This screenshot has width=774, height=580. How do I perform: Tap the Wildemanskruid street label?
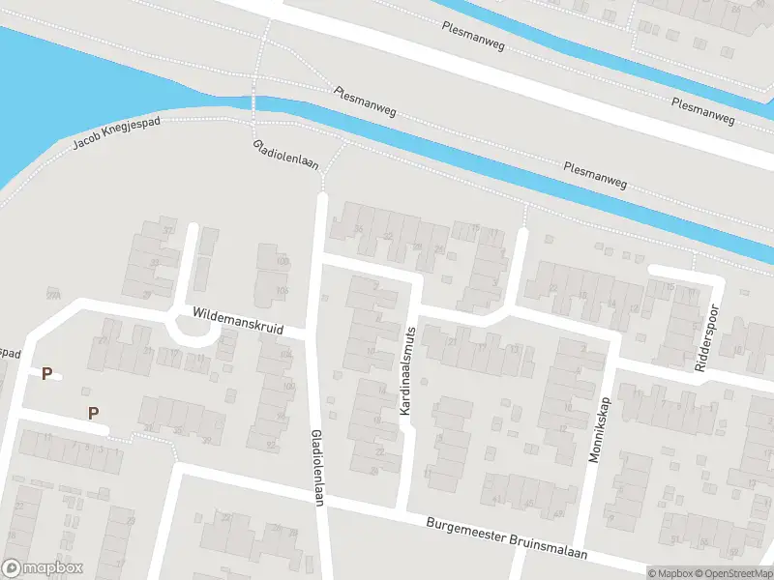pyautogui.click(x=237, y=321)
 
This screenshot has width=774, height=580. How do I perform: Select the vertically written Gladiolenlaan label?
pyautogui.click(x=315, y=466)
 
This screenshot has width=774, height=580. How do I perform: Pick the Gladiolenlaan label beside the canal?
pyautogui.click(x=285, y=153)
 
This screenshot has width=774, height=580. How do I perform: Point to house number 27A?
pyautogui.click(x=52, y=294)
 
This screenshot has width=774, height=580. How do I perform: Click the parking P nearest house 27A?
pyautogui.click(x=45, y=373)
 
